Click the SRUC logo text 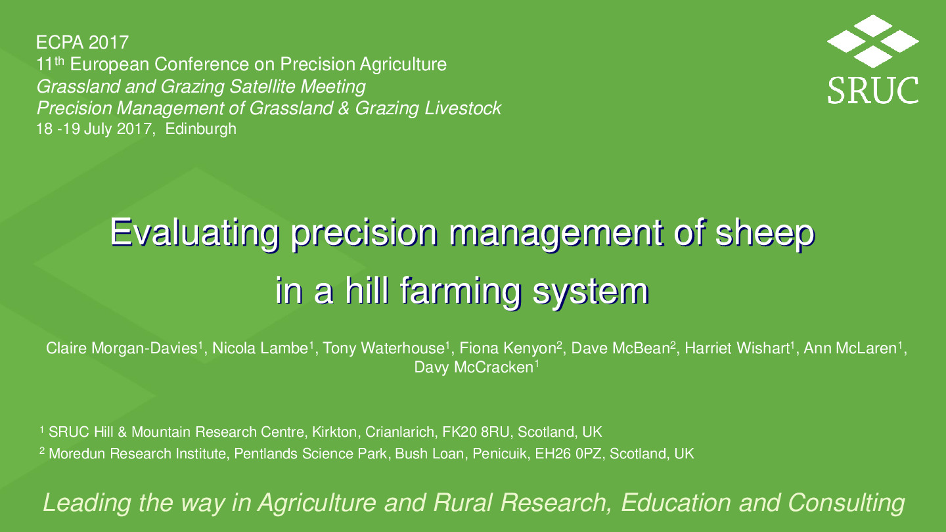pos(872,90)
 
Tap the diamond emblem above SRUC pos(872,41)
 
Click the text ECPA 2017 pos(82,43)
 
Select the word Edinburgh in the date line pos(200,129)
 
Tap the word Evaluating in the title pos(194,233)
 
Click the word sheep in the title pos(765,233)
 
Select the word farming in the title pos(461,291)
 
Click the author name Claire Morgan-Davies pos(122,348)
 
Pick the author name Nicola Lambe pos(260,348)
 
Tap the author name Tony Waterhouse pos(384,348)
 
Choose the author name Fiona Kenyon pos(508,348)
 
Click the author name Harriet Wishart pos(737,348)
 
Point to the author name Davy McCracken pos(474,367)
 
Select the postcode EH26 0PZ pos(568,454)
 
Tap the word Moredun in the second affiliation pos(78,454)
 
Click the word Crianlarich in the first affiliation pos(399,432)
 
